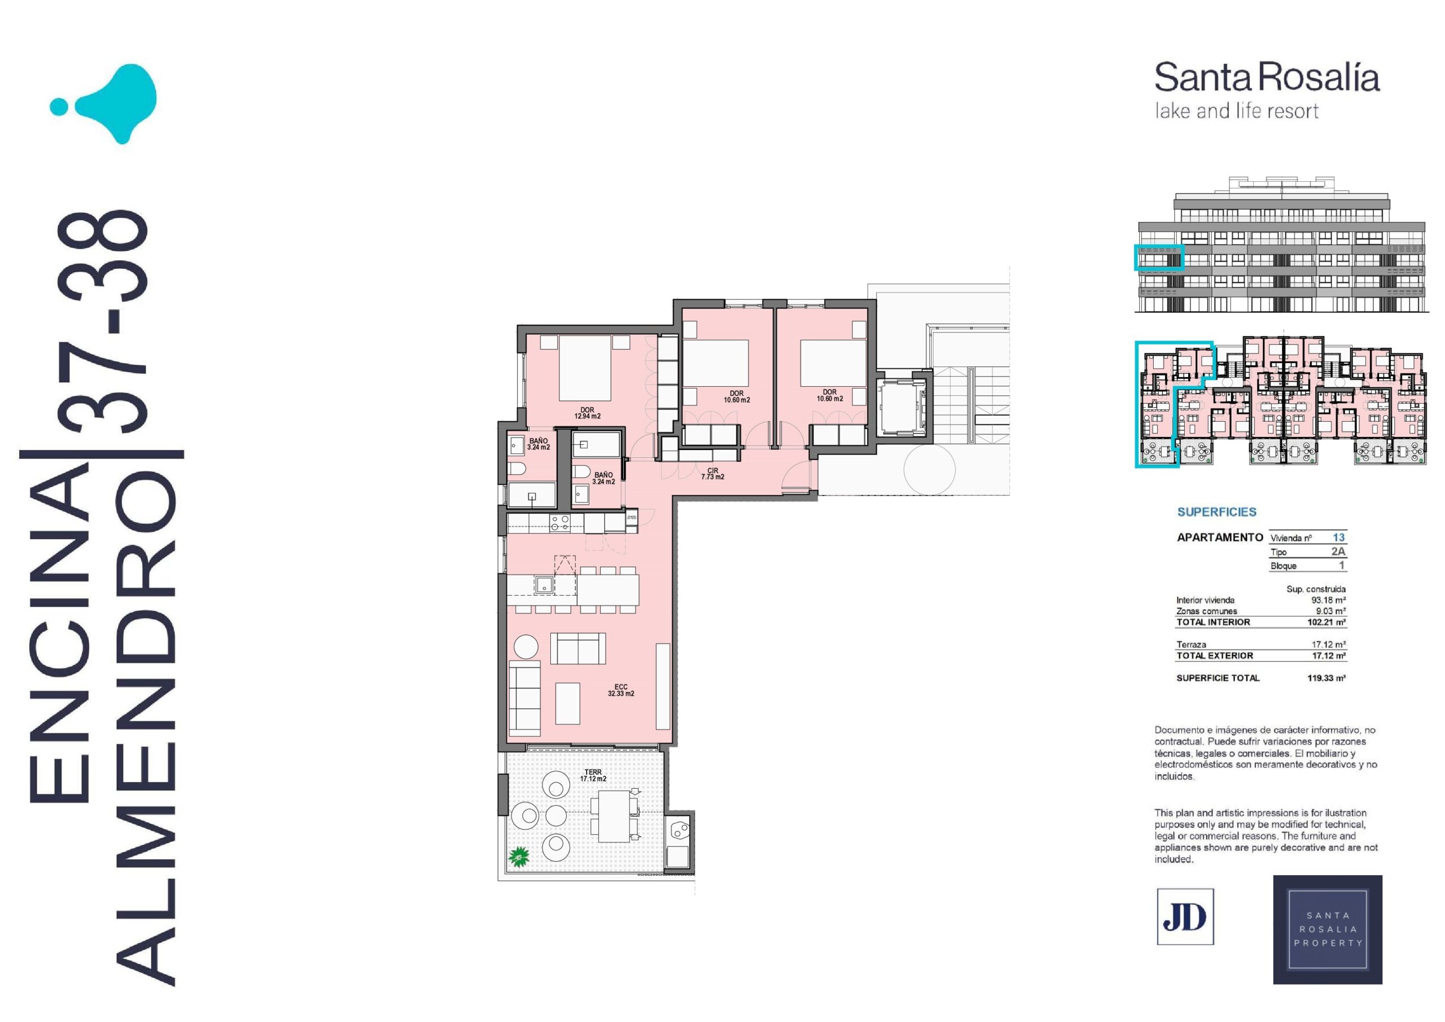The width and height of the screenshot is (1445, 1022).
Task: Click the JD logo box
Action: coord(1185,917)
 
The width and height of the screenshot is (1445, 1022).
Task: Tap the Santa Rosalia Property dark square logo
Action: coord(1328,929)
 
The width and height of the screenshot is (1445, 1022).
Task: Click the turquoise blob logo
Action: coord(104,104)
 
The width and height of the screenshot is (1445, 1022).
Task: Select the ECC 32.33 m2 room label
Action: coord(620,690)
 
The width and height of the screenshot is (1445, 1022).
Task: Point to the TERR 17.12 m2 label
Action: coord(593,775)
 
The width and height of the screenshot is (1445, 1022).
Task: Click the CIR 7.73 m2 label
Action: coord(712,474)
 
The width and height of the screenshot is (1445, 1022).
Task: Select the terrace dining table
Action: coord(614,816)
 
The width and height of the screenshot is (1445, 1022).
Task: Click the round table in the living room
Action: coord(526,647)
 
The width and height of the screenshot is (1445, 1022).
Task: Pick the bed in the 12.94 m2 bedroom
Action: coord(585,368)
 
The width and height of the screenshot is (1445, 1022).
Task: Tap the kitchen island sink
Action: coord(544,586)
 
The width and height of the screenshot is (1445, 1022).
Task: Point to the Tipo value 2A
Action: coord(1338,551)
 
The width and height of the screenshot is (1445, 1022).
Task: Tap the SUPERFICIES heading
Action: coord(1216,512)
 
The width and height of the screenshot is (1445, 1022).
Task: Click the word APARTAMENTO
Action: coord(1220,537)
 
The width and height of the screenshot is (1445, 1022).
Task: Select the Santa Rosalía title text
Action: coord(1267,78)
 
